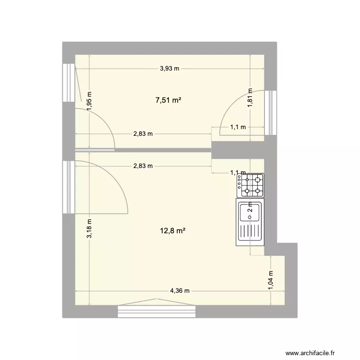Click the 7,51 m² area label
click(x=168, y=100)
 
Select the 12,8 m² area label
click(x=173, y=231)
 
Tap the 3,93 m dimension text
click(x=169, y=69)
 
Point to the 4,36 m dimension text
click(x=180, y=291)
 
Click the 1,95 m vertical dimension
click(x=90, y=102)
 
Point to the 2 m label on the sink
click(x=250, y=208)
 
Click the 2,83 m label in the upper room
click(x=143, y=134)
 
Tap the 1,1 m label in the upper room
click(x=238, y=127)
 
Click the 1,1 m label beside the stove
click(x=238, y=173)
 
